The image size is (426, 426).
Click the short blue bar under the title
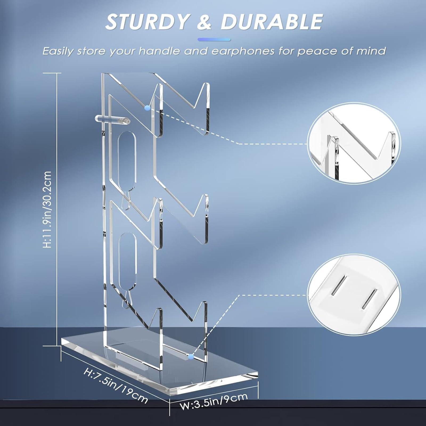point(214,40)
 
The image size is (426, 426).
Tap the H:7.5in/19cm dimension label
point(116,386)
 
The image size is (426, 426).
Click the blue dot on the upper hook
point(147,108)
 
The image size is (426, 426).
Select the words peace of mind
point(342,51)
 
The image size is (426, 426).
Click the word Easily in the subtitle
point(58,51)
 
